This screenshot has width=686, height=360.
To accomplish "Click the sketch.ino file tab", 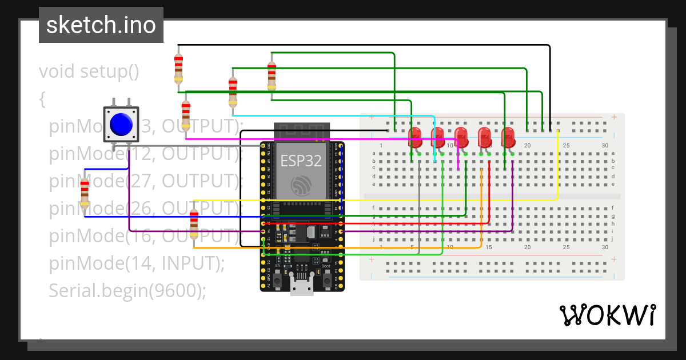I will [101, 25].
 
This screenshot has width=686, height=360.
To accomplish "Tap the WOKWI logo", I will [607, 315].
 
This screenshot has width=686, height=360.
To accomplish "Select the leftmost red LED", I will [416, 138].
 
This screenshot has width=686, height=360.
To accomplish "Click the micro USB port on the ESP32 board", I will [301, 287].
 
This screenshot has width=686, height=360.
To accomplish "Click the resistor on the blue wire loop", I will [85, 192].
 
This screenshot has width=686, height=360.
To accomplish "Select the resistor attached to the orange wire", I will [194, 224].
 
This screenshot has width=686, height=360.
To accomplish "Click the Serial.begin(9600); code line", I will [127, 291].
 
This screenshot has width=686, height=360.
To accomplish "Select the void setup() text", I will [89, 72].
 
